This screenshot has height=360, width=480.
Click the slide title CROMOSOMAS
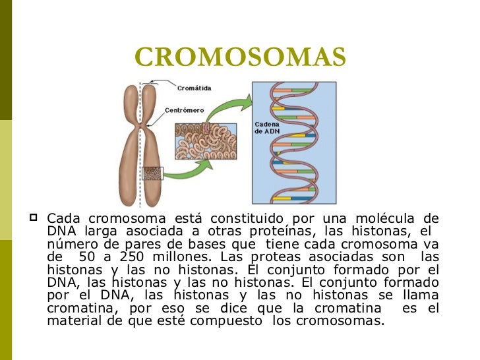click(x=240, y=57)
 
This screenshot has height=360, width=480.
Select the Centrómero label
click(x=184, y=109)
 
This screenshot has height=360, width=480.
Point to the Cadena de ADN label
click(x=267, y=128)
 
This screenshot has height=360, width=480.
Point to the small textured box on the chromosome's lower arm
click(x=152, y=173)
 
